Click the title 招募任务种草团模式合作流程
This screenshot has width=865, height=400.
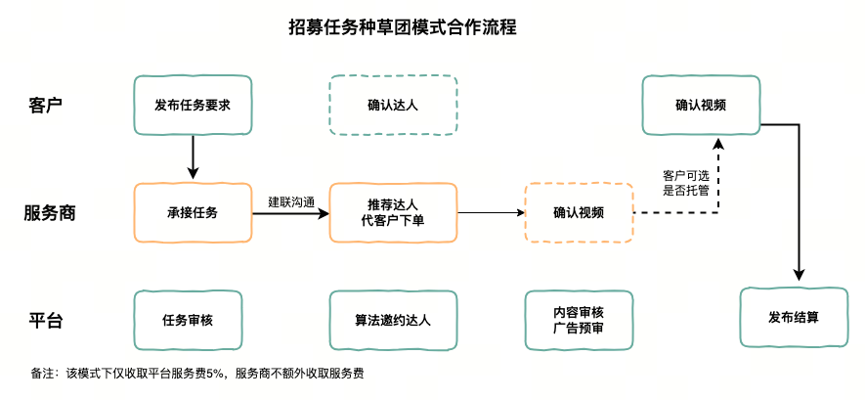point(403,26)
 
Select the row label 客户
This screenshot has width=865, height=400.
point(46,105)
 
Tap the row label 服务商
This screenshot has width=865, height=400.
point(50,212)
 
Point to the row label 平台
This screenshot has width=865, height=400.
point(46,320)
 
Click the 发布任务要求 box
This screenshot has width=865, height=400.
point(193,105)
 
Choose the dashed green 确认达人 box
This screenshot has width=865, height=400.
point(393,105)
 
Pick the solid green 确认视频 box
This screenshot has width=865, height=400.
point(700,105)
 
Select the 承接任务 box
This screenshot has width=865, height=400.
point(193,212)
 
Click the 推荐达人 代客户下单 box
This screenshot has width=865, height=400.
point(393,212)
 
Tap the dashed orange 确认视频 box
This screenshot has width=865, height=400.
point(578,212)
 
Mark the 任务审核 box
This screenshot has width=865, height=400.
point(188,320)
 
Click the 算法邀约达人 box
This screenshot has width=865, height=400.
point(393,320)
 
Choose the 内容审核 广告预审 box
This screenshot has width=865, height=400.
point(578,320)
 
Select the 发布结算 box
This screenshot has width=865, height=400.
point(794,317)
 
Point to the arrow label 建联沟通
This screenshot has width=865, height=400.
point(290,202)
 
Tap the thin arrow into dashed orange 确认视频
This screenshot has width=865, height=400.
point(489,212)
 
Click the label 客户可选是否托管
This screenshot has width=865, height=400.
point(686,182)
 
